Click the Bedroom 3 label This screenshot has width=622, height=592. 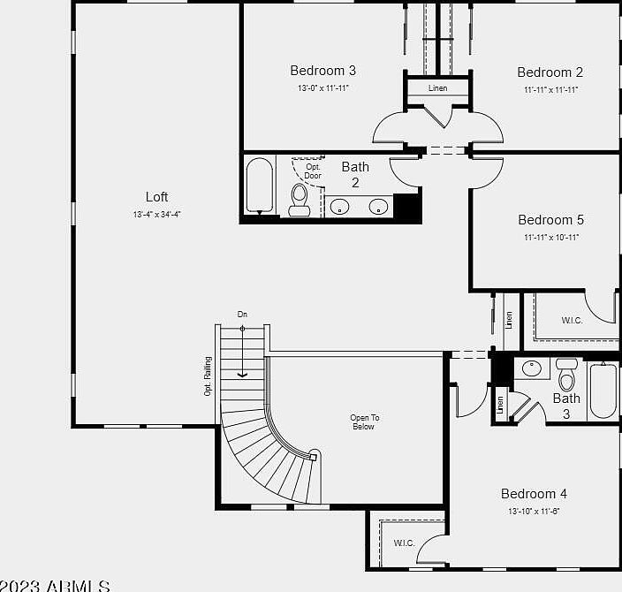pyautogui.click(x=323, y=71)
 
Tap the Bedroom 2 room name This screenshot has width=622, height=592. pyautogui.click(x=550, y=72)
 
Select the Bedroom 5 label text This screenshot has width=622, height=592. pyautogui.click(x=550, y=220)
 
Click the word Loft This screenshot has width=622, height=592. pyautogui.click(x=156, y=197)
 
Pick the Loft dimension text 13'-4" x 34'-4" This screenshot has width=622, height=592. pyautogui.click(x=156, y=214)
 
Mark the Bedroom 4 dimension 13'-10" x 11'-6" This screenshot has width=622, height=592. pyautogui.click(x=534, y=511)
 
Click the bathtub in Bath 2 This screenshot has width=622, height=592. pyautogui.click(x=260, y=186)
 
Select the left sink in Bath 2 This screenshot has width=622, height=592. pyautogui.click(x=340, y=207)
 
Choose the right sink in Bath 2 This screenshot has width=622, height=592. pyautogui.click(x=378, y=207)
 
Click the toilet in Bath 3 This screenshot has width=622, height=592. pyautogui.click(x=567, y=376)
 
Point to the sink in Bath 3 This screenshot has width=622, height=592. pyautogui.click(x=532, y=368)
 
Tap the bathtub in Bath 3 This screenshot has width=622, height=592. pyautogui.click(x=603, y=391)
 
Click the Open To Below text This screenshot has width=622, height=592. pyautogui.click(x=362, y=422)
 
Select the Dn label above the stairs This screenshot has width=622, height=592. pyautogui.click(x=242, y=315)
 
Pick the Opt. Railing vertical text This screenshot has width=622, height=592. pyautogui.click(x=209, y=376)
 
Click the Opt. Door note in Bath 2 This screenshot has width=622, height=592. pyautogui.click(x=313, y=171)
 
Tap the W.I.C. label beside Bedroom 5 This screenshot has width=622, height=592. pyautogui.click(x=572, y=320)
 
